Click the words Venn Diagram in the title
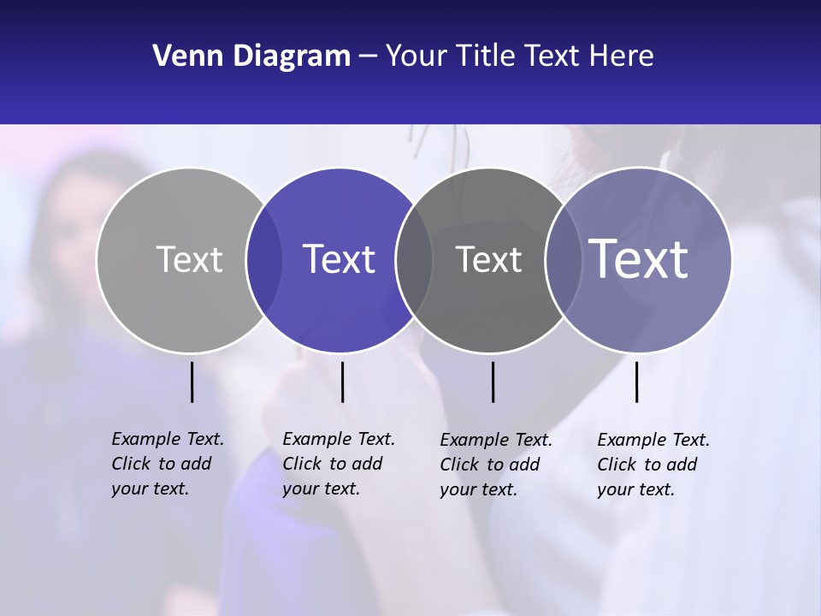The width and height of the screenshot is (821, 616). click(251, 56)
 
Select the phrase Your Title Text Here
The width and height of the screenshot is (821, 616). click(519, 56)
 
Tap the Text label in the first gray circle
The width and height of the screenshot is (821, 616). click(189, 259)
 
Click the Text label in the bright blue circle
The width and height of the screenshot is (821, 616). click(339, 259)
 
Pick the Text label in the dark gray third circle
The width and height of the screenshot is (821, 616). click(488, 259)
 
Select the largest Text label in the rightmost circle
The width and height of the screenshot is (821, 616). click(639, 258)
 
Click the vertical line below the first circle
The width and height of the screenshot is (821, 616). click(192, 382)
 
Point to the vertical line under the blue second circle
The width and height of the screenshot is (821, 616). click(342, 382)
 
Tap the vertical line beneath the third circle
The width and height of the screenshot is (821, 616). click(493, 382)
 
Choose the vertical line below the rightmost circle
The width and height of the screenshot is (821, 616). click(636, 382)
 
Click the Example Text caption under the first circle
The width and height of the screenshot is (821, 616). click(168, 464)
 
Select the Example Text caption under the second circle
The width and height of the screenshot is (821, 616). click(339, 464)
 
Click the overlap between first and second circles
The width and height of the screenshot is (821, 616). click(264, 259)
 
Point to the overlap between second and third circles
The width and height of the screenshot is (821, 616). click(414, 259)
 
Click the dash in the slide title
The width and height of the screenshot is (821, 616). click(368, 57)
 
